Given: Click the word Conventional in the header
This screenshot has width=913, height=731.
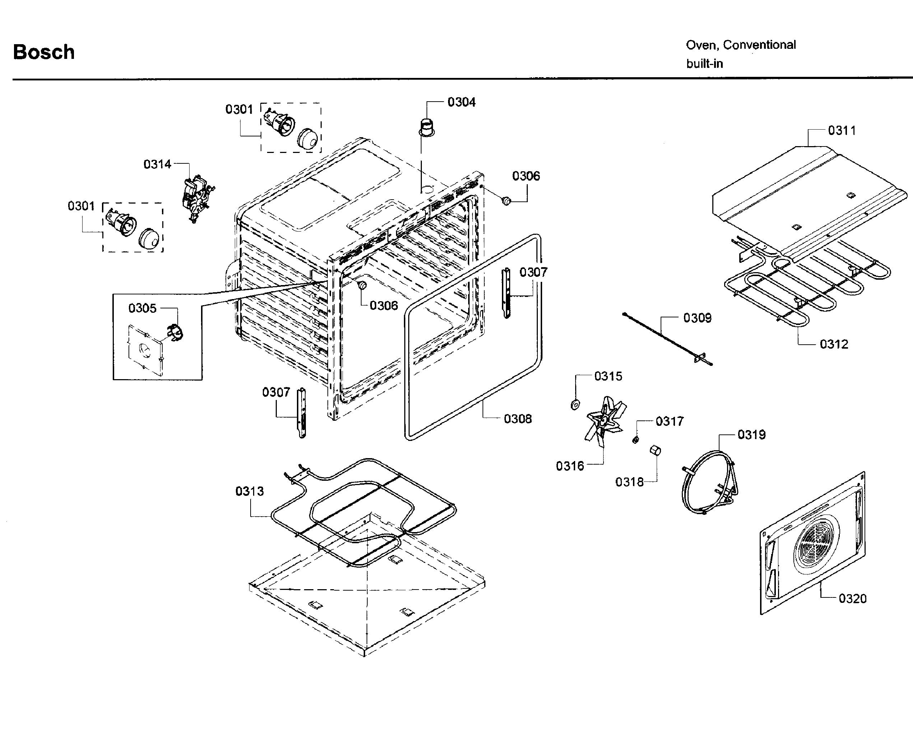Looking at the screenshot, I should (x=759, y=45).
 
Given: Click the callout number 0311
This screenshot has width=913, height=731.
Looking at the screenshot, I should (x=842, y=130).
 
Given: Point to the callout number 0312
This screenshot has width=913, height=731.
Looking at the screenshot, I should (x=834, y=344).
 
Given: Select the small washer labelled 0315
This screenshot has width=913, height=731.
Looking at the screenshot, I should (x=575, y=405).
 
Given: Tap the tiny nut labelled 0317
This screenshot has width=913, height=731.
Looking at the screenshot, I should (x=635, y=441).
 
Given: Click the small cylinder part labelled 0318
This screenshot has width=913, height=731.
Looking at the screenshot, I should (x=655, y=450).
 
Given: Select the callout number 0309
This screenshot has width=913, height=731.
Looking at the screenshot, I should (x=698, y=318).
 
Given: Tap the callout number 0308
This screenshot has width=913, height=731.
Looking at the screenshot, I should (x=517, y=419).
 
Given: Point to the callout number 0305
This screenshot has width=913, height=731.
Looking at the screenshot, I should (x=142, y=308).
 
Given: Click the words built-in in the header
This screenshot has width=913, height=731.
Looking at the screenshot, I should (x=704, y=64).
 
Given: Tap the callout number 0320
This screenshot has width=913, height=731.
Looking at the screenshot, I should (x=852, y=599).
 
